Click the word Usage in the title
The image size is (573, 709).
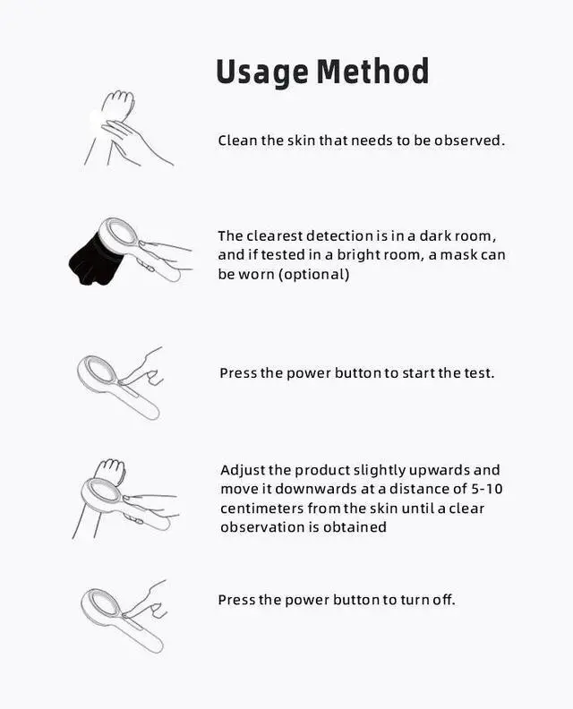coord(262,73)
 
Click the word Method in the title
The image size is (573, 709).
coord(372,71)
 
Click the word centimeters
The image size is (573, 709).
coord(261,508)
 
